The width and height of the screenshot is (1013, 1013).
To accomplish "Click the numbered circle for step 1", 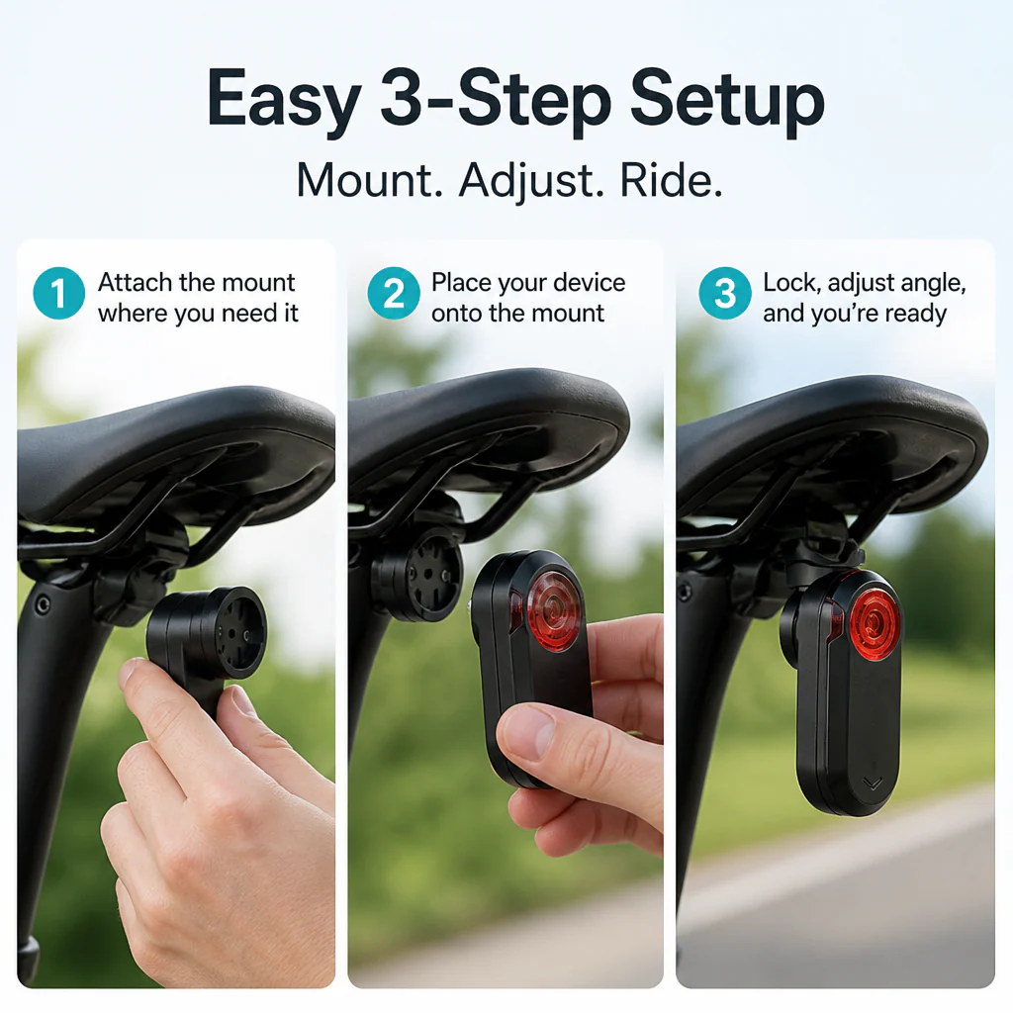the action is pyautogui.click(x=58, y=293).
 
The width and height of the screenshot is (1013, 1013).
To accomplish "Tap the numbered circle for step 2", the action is pyautogui.click(x=394, y=293).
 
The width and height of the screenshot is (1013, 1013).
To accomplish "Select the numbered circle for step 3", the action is pyautogui.click(x=725, y=293).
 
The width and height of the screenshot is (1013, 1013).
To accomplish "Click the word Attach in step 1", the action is pyautogui.click(x=135, y=282).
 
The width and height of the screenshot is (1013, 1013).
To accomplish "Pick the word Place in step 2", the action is pyautogui.click(x=460, y=282).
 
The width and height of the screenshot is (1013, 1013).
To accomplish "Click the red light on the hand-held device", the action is pyautogui.click(x=552, y=609).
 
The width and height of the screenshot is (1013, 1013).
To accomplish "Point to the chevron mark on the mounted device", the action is pyautogui.click(x=873, y=783).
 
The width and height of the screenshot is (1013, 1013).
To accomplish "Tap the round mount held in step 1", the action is pyautogui.click(x=208, y=632).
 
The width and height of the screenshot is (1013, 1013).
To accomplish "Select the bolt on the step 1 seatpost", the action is pyautogui.click(x=43, y=605).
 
